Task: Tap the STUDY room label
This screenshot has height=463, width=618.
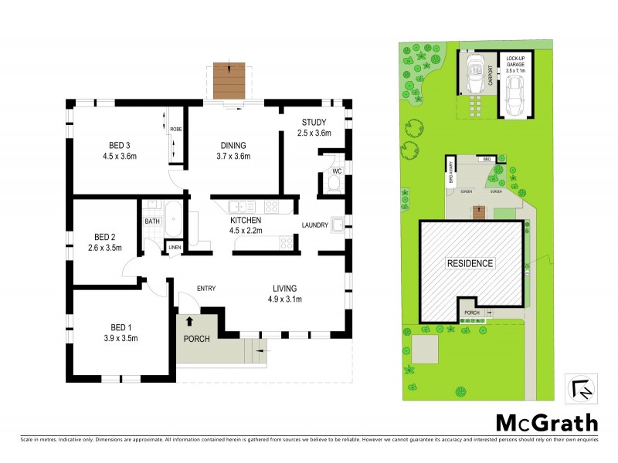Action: (x=314, y=122)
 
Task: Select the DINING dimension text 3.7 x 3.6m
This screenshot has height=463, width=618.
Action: (x=233, y=157)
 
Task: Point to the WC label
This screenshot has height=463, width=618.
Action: (x=337, y=171)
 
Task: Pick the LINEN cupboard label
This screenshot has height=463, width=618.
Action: (x=175, y=248)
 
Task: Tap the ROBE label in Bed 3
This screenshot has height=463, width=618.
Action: (x=175, y=130)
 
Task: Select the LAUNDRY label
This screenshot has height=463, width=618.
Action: (x=315, y=225)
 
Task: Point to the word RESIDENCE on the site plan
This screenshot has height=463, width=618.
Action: (x=470, y=263)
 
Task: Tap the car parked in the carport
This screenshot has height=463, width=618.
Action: (x=474, y=76)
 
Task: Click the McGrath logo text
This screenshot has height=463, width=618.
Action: (x=546, y=422)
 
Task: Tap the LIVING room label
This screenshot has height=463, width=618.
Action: (x=284, y=288)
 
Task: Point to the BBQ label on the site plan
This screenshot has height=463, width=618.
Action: (x=487, y=159)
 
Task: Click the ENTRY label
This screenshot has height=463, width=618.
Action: (x=205, y=289)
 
